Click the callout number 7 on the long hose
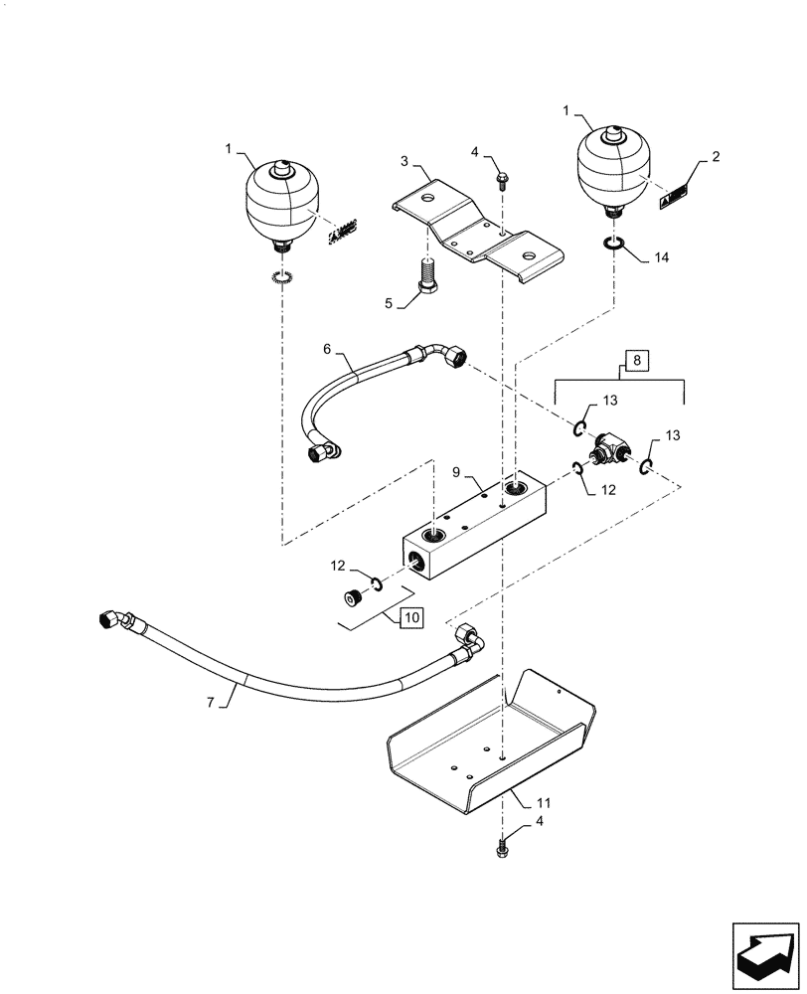(x=211, y=702)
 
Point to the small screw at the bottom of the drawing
(x=502, y=848)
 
